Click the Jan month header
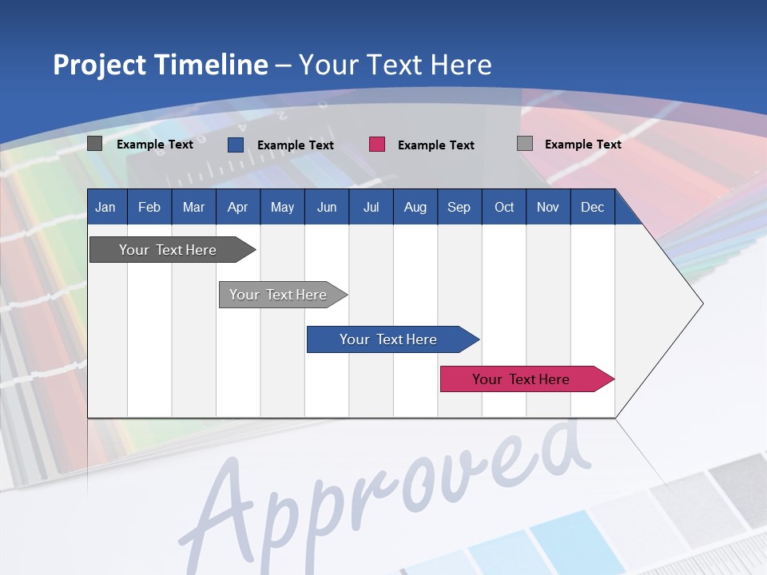[105, 207]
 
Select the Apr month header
[237, 207]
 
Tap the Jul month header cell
[371, 207]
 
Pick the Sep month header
[459, 207]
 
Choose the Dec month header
[592, 207]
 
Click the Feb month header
[149, 207]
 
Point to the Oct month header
[504, 207]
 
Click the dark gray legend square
[94, 144]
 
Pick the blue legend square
[236, 145]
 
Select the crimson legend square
[377, 144]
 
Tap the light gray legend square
[525, 144]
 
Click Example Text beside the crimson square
[435, 145]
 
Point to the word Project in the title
[100, 65]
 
